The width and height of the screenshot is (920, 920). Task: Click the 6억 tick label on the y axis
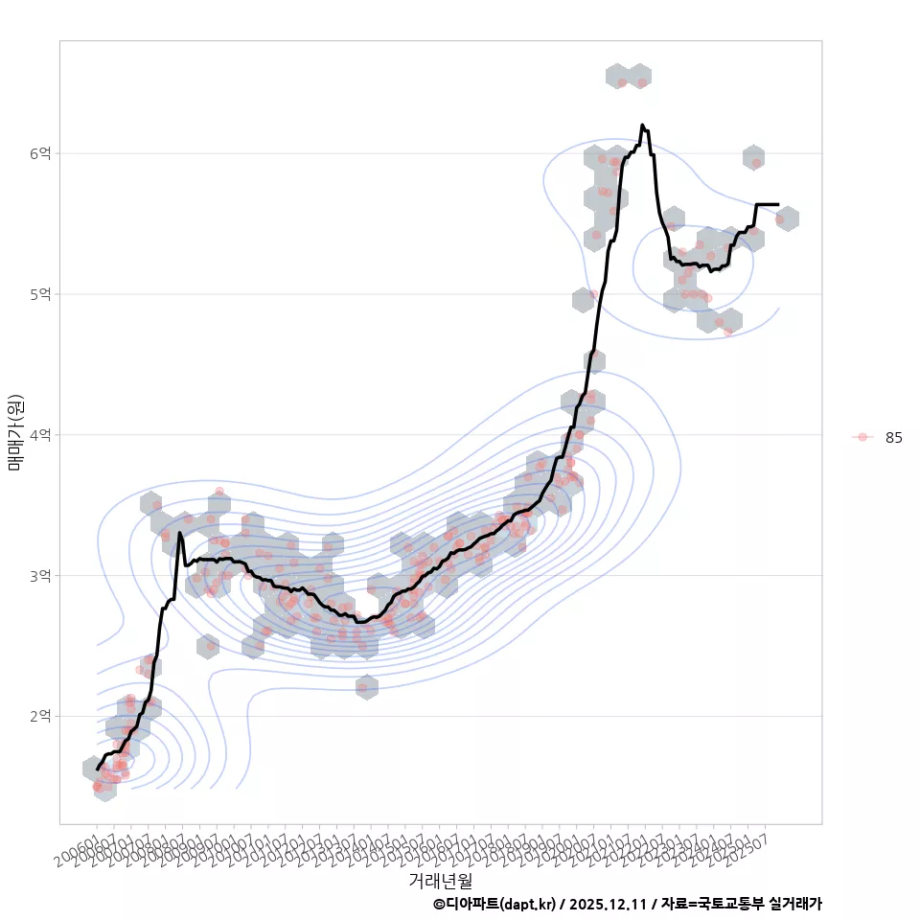pos(41,153)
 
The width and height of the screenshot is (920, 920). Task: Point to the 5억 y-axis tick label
pos(41,294)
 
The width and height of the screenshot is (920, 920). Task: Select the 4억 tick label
pos(41,435)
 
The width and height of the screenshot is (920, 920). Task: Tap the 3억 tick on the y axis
pos(41,576)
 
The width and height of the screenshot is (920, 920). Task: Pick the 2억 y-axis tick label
pos(41,717)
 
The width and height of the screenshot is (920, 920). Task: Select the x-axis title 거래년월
pos(440,880)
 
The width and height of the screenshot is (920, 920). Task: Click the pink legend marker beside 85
pos(862,437)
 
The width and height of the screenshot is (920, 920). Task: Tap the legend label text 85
pos(893,437)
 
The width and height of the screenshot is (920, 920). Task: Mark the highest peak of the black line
pos(642,125)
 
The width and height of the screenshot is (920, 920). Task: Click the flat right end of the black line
pos(777,204)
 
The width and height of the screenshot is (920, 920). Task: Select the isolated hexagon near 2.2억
pos(366,686)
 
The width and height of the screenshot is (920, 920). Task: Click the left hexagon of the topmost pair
pos(618,76)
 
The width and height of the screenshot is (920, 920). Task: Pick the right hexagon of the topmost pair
pos(640,76)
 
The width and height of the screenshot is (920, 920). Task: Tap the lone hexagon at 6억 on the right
pos(753,157)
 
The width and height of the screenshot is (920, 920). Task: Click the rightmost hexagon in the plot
pos(787,218)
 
